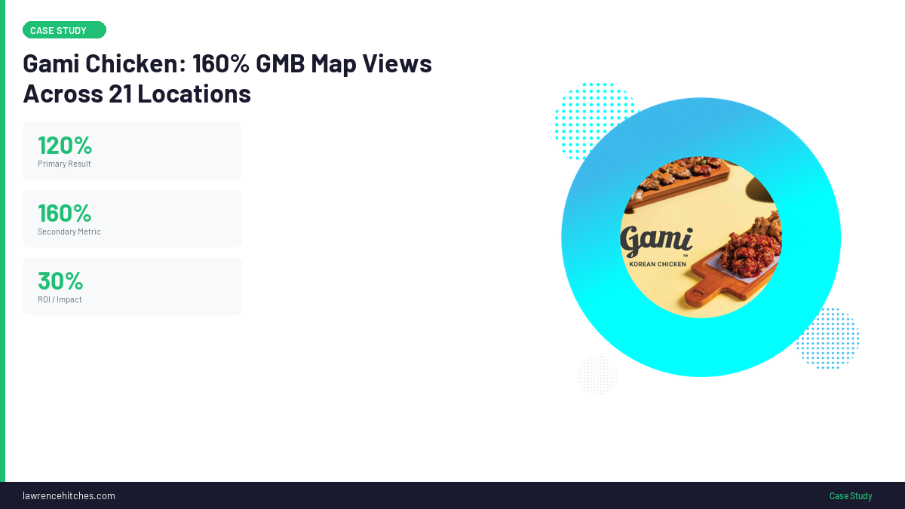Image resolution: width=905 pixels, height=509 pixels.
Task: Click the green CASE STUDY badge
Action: [x=64, y=30]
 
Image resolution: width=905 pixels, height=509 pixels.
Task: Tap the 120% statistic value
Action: [x=65, y=145]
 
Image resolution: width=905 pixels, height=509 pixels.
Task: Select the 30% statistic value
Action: [x=60, y=281]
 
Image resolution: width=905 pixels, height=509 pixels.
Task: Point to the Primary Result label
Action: [x=64, y=164]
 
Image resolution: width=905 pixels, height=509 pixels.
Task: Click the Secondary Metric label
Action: [x=69, y=232]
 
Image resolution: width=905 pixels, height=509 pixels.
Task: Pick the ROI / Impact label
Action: [x=60, y=299]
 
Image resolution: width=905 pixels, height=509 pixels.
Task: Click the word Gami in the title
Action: [x=51, y=64]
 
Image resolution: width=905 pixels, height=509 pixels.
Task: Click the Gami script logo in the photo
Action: [x=656, y=241]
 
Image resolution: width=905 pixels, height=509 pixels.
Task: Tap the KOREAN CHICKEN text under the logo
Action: [x=658, y=264]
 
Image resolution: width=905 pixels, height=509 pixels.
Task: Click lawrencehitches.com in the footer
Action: [x=69, y=495]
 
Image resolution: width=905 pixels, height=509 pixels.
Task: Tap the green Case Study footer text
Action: [x=851, y=495]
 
